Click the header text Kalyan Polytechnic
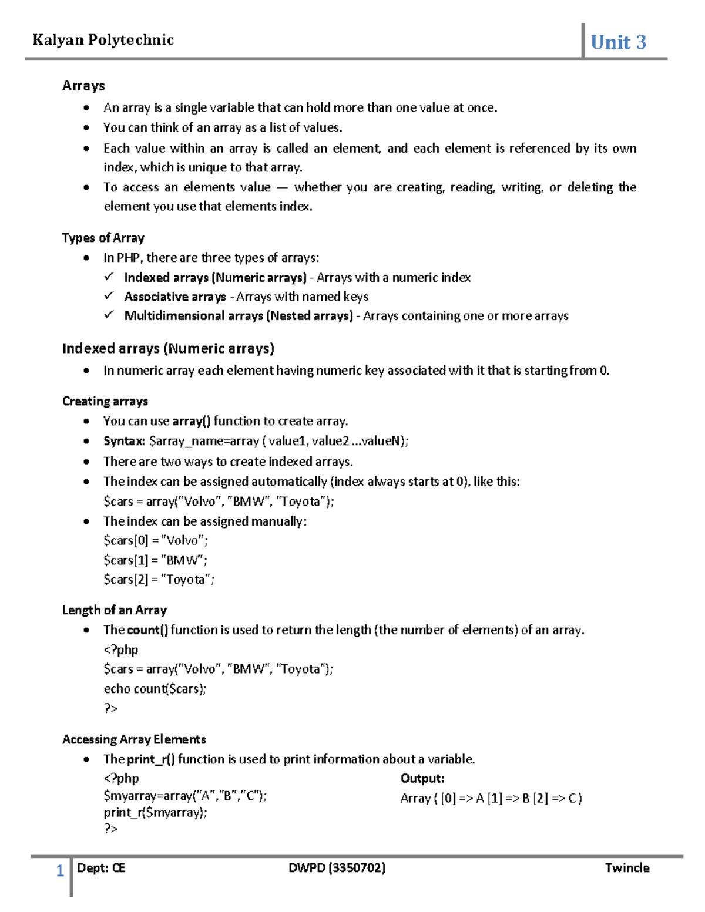(x=103, y=40)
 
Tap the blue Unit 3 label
(x=618, y=42)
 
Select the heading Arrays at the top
(x=83, y=86)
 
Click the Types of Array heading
(x=103, y=238)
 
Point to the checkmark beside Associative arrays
(x=109, y=296)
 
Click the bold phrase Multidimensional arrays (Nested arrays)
(x=238, y=316)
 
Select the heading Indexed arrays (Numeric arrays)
(x=168, y=349)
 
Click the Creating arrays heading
(x=105, y=401)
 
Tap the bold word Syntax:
(x=124, y=441)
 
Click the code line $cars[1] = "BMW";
(x=155, y=560)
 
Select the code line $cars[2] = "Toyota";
(x=159, y=580)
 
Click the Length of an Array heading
(x=114, y=610)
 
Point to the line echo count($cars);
(x=155, y=689)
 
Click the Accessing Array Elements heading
(x=134, y=739)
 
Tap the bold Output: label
(x=422, y=779)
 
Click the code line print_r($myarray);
(x=155, y=813)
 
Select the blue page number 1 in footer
(x=60, y=871)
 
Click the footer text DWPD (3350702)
(x=337, y=868)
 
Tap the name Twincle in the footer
(x=627, y=868)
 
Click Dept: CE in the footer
(x=101, y=868)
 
